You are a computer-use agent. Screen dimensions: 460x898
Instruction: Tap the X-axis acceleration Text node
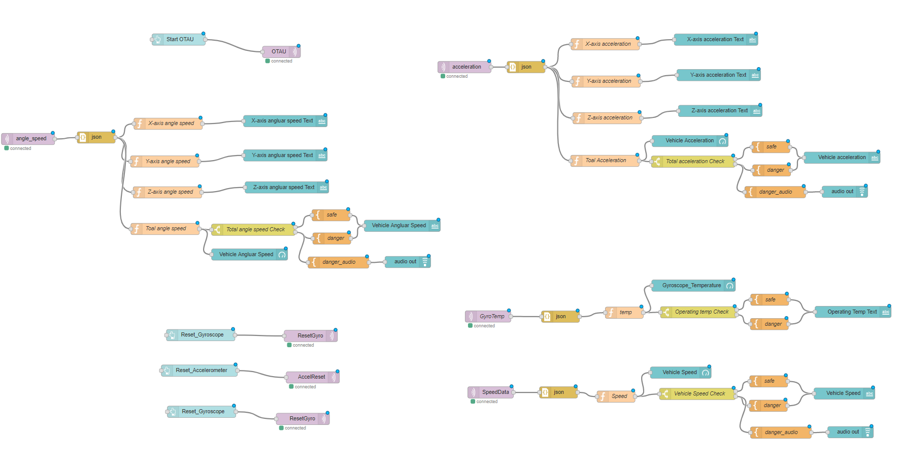pos(715,40)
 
